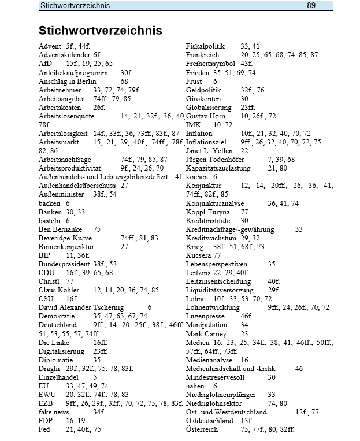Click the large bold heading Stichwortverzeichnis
[100, 30]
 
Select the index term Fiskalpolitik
[205, 46]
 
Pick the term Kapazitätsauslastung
[217, 168]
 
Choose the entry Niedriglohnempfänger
[222, 394]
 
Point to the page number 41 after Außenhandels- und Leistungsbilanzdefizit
[178, 176]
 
